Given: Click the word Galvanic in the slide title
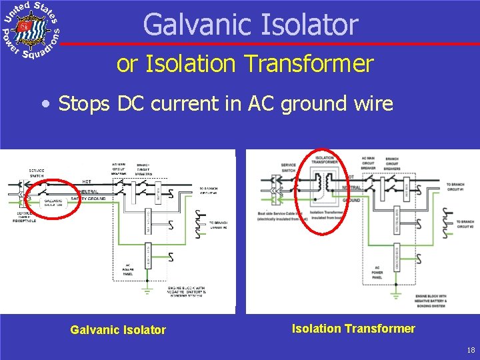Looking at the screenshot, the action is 193,25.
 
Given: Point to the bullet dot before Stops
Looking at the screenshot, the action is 45,105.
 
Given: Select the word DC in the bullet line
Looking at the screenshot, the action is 130,104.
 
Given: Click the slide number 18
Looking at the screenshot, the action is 471,350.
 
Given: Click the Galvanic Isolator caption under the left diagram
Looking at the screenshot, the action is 118,329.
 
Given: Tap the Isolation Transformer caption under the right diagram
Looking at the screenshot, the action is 353,328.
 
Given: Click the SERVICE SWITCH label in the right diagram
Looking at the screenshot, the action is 288,167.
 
